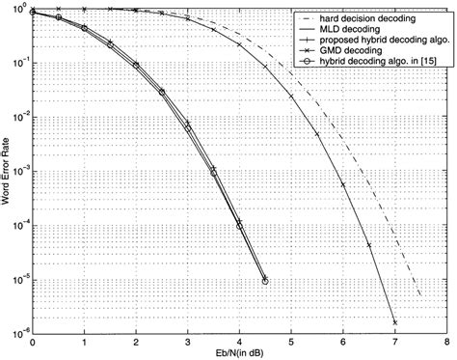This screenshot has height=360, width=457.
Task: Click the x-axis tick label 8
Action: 446,343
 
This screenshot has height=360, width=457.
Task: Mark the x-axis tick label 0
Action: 32,343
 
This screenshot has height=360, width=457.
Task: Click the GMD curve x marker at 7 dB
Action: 395,321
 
